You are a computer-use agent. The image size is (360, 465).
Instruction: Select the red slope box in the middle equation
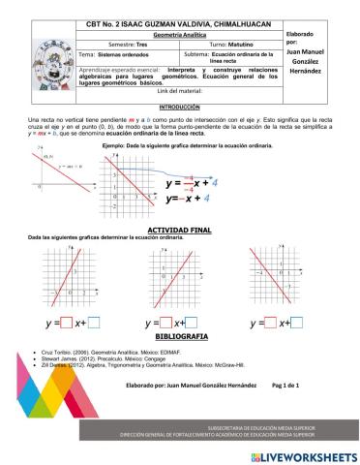165,322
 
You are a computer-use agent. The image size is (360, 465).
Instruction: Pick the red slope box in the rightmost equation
270,322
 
